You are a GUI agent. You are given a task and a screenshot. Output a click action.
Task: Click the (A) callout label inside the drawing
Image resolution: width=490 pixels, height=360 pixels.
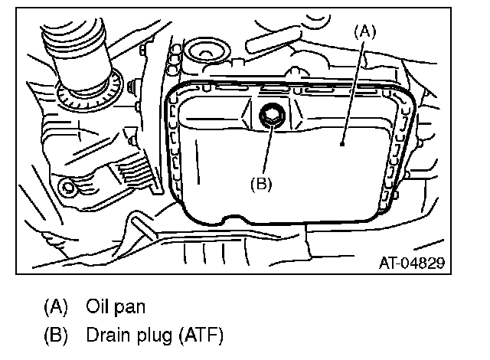tap(364, 31)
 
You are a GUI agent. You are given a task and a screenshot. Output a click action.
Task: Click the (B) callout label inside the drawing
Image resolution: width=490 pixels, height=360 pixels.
tap(262, 184)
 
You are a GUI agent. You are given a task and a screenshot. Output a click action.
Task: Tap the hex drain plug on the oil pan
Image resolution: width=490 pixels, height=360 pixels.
tap(271, 117)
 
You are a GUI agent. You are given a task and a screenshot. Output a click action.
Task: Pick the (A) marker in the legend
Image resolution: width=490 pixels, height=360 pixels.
tap(57, 307)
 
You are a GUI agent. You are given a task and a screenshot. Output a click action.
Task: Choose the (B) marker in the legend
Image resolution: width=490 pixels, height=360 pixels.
tap(57, 335)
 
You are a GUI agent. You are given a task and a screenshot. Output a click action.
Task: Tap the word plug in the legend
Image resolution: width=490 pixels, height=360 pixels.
tap(157, 335)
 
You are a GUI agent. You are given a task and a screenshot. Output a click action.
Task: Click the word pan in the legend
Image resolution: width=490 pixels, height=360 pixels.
tap(131, 308)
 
